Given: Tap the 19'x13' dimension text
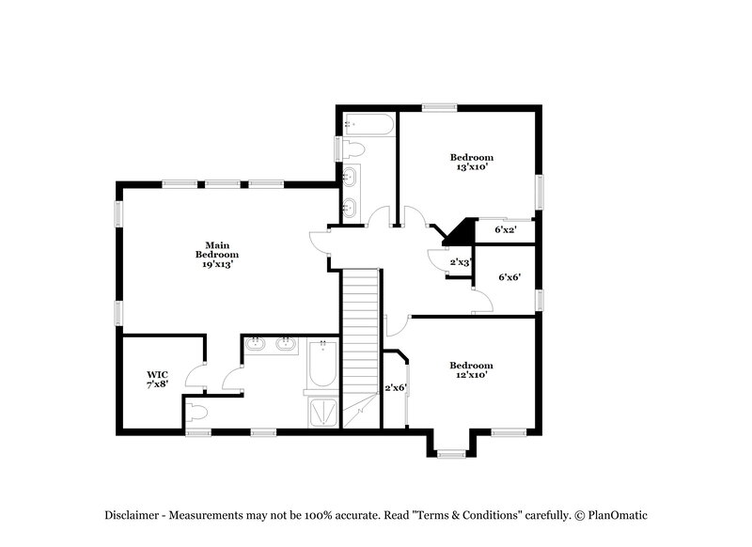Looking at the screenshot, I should [x=216, y=265].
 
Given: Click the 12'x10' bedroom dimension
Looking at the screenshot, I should [x=470, y=375].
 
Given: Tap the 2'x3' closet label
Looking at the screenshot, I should [x=460, y=262].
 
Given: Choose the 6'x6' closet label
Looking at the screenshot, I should [x=509, y=277].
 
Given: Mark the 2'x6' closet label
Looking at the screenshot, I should [x=396, y=388].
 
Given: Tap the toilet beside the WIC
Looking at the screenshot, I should [x=198, y=412].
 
